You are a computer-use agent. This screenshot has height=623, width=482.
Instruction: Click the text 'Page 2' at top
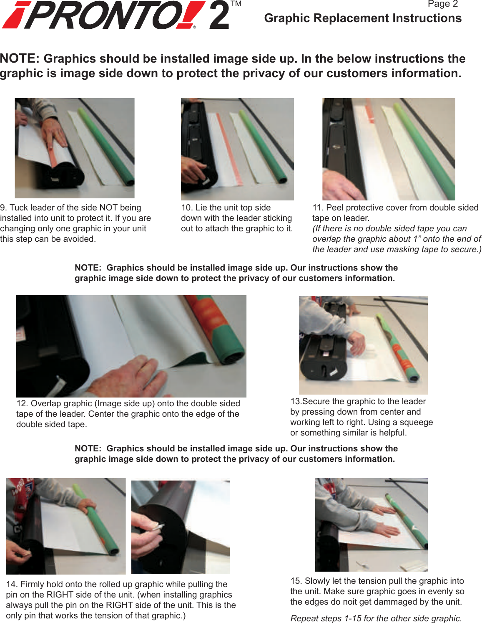(442, 4)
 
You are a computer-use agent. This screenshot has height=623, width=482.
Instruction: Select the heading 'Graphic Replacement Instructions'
(363, 18)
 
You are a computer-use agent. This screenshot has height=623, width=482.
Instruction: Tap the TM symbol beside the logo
(236, 4)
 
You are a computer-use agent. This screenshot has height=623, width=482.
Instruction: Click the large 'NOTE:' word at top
(20, 58)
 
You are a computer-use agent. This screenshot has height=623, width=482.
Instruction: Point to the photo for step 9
(75, 148)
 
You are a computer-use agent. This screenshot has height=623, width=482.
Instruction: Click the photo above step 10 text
(237, 149)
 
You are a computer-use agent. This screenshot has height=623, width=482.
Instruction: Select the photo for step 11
(389, 149)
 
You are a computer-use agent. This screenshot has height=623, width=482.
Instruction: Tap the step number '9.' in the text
(4, 208)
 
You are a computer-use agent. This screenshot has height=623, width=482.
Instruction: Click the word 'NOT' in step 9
(108, 208)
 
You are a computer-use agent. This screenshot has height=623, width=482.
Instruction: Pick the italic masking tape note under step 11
(397, 239)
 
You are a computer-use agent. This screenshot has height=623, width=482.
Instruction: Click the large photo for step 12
(131, 346)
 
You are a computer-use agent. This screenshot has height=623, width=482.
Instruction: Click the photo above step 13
(363, 345)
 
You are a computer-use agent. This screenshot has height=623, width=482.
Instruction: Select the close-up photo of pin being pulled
(180, 526)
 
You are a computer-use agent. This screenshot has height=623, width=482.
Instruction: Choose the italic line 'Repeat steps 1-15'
(376, 618)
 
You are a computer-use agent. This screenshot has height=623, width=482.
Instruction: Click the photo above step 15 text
(371, 524)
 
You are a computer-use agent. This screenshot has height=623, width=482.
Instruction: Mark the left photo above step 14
(65, 526)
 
